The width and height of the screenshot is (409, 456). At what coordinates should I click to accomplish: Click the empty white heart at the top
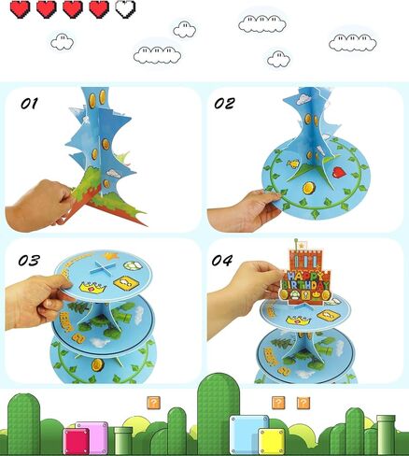[125, 9]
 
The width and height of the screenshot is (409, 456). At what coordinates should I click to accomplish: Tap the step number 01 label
[29, 104]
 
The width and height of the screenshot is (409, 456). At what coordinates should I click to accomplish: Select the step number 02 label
[224, 104]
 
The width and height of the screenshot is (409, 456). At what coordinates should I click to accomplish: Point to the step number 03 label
[29, 261]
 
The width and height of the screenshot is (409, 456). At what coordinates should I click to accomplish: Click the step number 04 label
[222, 260]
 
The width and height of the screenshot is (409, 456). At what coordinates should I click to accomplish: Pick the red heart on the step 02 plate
[339, 172]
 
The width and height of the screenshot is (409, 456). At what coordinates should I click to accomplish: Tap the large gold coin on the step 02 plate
[309, 188]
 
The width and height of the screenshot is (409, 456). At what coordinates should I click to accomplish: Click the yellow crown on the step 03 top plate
[92, 286]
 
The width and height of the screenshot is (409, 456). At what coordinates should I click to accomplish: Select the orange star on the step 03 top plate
[109, 256]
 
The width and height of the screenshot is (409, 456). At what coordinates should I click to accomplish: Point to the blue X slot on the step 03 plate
[100, 268]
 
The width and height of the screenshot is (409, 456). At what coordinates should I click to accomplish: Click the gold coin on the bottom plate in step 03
[98, 363]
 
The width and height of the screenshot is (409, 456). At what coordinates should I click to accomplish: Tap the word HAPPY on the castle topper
[303, 277]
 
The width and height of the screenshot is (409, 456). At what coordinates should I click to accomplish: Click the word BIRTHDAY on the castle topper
[305, 285]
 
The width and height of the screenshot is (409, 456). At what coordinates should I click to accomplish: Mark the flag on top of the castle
[303, 245]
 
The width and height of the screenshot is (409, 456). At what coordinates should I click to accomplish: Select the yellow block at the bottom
[272, 441]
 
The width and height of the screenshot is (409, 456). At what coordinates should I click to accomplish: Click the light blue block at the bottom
[249, 434]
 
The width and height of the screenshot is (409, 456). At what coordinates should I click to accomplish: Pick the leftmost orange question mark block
[153, 403]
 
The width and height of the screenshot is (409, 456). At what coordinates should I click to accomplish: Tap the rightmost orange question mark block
[303, 403]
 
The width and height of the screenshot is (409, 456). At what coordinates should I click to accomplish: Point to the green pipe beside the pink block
[123, 440]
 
